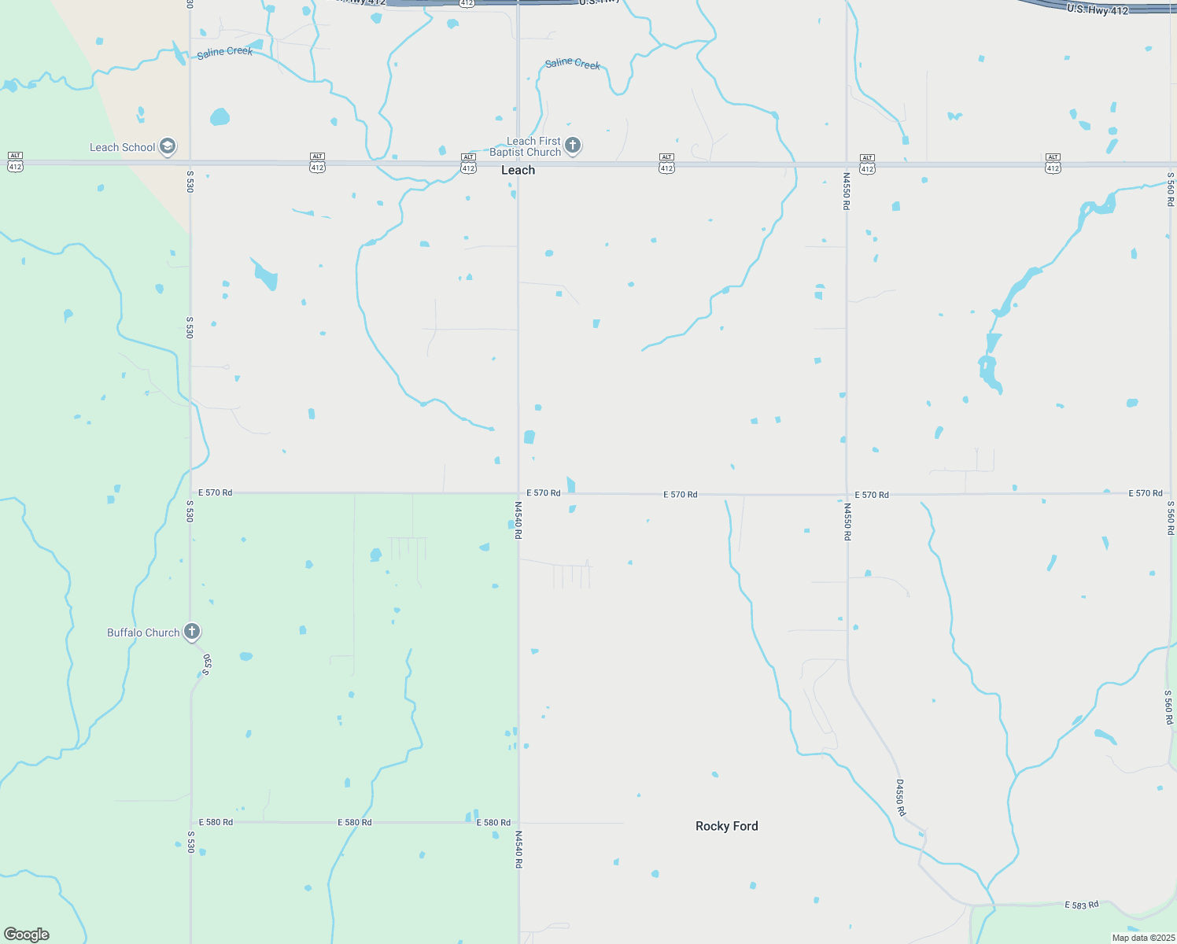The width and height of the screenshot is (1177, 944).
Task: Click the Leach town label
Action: click(x=518, y=171)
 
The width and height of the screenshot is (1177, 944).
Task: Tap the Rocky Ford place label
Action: click(x=726, y=826)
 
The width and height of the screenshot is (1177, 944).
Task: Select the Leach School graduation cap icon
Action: click(x=168, y=146)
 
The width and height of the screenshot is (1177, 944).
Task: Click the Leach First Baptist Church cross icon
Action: click(x=573, y=145)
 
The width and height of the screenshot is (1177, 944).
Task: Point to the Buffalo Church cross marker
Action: click(x=191, y=631)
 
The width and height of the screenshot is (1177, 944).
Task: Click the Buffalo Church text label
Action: click(x=143, y=632)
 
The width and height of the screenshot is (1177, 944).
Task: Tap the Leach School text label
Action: click(x=122, y=147)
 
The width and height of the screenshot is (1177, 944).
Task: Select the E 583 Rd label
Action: click(x=1081, y=905)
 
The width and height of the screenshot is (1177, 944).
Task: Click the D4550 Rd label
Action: click(x=901, y=798)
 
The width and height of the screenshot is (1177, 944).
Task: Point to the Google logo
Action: click(x=27, y=935)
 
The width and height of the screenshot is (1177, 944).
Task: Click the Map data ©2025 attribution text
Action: click(x=1143, y=938)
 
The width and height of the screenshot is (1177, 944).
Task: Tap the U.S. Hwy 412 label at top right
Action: click(x=1098, y=10)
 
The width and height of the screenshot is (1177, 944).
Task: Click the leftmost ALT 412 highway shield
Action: click(x=15, y=162)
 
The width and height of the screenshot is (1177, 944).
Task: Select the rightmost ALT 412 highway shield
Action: click(x=1053, y=164)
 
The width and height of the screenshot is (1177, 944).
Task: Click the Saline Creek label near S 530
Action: click(x=225, y=52)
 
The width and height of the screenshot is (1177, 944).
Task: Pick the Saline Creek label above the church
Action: click(x=573, y=64)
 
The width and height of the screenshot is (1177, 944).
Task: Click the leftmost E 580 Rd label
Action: click(x=216, y=822)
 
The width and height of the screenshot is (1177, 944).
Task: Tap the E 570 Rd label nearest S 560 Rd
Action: click(x=1146, y=493)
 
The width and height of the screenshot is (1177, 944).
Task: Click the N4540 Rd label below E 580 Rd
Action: click(x=518, y=849)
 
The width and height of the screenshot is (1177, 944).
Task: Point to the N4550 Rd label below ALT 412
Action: click(x=847, y=191)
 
